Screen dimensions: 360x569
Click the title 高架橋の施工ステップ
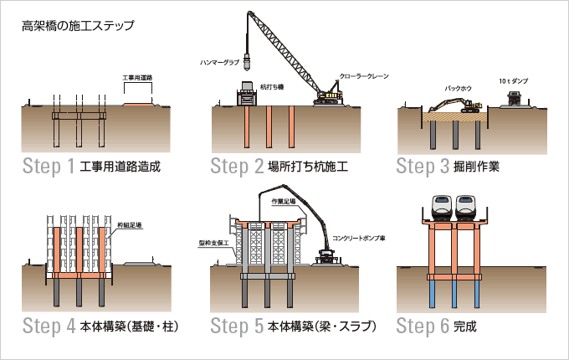click(x=78, y=25)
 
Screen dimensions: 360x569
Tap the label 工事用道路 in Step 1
click(x=138, y=78)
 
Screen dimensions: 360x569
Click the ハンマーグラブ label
click(x=220, y=63)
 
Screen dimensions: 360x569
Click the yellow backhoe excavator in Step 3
click(x=457, y=105)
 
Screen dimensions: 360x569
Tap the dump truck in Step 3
click(x=515, y=99)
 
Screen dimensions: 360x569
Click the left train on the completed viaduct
click(x=443, y=206)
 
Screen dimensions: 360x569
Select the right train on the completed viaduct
click(x=468, y=206)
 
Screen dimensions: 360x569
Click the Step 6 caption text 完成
click(x=465, y=326)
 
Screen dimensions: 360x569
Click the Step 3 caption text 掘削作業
click(x=477, y=165)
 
